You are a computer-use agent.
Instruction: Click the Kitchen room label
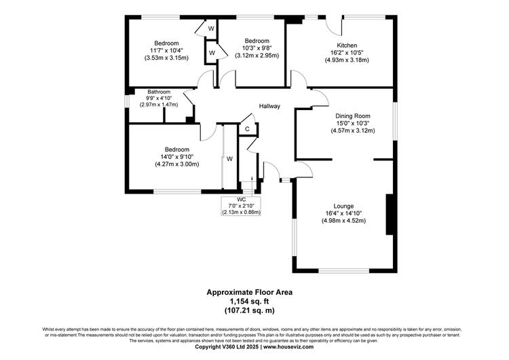[347, 46]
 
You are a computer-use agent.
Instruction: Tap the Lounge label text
[343, 206]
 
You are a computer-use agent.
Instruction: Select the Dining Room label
[352, 116]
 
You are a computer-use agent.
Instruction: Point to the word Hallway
[269, 106]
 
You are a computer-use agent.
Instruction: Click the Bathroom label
[159, 92]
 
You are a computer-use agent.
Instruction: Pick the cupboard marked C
[248, 128]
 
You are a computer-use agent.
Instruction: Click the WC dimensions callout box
[241, 206]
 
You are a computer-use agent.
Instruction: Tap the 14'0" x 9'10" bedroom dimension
[177, 157]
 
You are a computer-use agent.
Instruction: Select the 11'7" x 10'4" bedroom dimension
[166, 50]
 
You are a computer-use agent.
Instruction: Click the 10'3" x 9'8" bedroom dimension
[257, 48]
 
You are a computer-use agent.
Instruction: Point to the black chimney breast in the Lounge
[390, 215]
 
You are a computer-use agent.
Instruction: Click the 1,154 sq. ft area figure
[249, 301]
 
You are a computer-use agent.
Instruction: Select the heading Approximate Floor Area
[249, 292]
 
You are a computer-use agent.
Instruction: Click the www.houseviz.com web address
[288, 346]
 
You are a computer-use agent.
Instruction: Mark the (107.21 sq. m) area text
[249, 310]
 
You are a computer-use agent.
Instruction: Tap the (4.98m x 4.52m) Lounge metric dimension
[343, 221]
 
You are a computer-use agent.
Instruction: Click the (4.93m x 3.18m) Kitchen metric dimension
[347, 60]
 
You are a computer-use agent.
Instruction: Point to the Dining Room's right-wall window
[395, 122]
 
